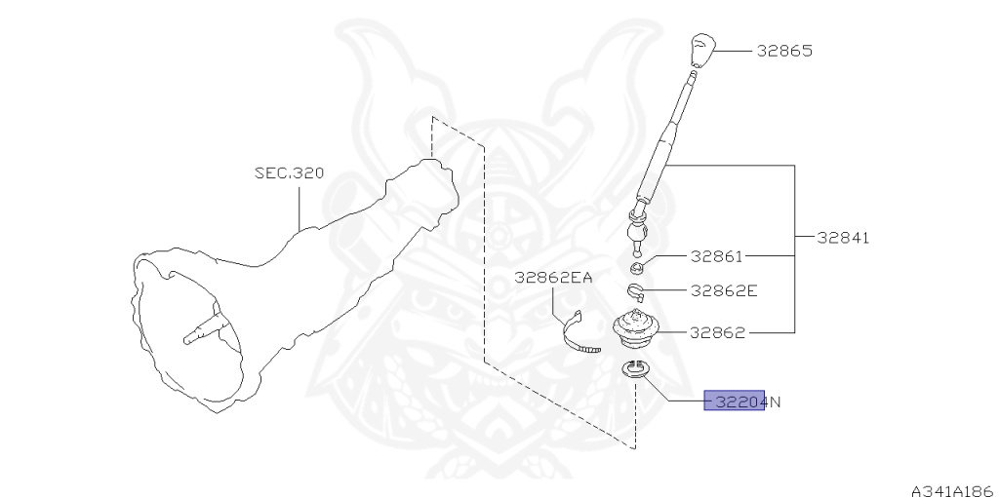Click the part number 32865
784,51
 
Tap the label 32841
843,237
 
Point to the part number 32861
716,257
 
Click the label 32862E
724,290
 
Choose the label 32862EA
553,278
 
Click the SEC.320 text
289,173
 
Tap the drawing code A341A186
952,490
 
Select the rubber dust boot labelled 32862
635,328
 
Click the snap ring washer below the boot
635,369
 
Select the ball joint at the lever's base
636,233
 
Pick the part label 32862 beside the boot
717,332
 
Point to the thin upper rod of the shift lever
683,103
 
